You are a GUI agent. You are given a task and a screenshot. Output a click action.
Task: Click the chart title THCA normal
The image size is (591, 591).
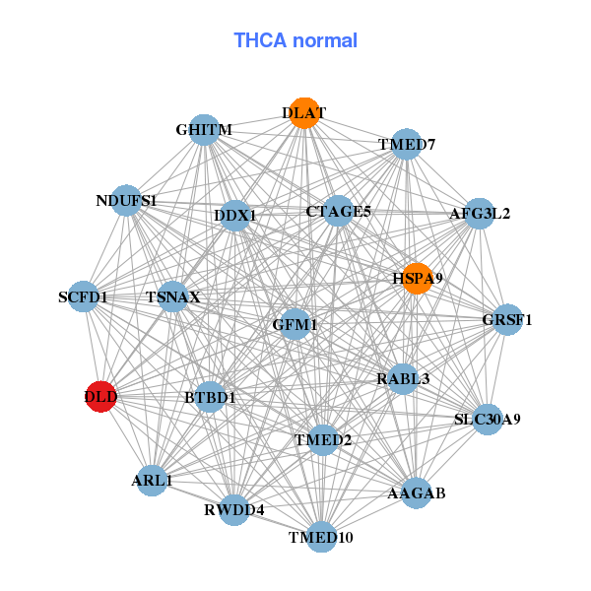[295, 40]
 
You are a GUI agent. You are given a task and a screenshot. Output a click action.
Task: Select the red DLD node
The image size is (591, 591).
[101, 397]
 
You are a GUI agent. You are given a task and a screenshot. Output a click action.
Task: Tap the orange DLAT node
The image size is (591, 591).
[304, 113]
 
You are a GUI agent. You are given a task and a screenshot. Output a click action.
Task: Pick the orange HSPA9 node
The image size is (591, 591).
[418, 279]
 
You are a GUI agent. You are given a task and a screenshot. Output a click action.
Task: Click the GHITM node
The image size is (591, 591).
[204, 130]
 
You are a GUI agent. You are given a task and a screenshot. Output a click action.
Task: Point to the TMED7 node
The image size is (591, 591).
[407, 145]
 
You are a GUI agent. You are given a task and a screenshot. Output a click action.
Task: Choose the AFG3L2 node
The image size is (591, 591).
[479, 213]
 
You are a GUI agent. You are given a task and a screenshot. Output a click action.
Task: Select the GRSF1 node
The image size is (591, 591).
[506, 319]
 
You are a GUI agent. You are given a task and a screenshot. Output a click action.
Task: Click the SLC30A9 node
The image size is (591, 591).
[487, 419]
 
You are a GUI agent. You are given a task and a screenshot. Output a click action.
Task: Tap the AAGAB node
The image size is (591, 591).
[416, 492]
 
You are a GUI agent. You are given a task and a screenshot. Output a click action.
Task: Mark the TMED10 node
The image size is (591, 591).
[321, 537]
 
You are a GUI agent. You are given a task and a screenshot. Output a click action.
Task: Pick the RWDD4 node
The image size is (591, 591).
[234, 509]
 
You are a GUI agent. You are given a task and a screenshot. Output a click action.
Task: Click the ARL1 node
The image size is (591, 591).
[152, 481]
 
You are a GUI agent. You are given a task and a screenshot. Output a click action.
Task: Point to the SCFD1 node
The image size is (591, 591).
[84, 296]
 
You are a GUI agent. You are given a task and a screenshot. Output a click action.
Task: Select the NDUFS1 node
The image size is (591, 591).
[126, 201]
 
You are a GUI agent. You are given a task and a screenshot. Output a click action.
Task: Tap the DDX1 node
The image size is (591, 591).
[235, 215]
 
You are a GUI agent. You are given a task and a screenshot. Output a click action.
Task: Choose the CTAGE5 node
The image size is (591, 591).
[338, 211]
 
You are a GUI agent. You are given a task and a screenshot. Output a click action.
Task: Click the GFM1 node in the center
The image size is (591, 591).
[295, 324]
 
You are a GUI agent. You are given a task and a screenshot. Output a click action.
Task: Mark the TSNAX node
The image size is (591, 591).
[173, 296]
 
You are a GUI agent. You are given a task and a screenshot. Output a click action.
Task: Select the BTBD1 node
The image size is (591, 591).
[210, 397]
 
